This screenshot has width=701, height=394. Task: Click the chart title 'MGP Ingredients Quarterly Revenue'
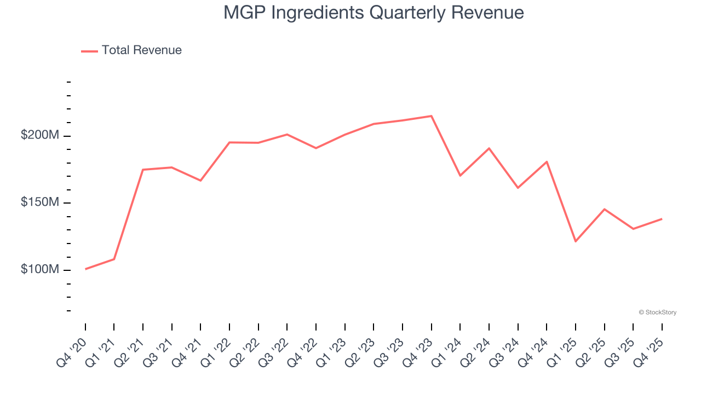[374, 12]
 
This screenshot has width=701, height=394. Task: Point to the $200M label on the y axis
[39, 135]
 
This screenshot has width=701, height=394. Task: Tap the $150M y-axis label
[39, 202]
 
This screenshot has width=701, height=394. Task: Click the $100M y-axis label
[39, 270]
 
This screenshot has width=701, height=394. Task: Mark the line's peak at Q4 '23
[432, 116]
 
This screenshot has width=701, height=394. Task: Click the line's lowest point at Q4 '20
[85, 269]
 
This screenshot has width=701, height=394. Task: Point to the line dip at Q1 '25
[576, 241]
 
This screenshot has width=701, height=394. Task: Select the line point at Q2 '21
[143, 170]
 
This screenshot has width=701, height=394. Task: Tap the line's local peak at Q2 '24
[489, 148]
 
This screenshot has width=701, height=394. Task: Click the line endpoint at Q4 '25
[662, 219]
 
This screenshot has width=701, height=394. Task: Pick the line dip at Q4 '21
[200, 181]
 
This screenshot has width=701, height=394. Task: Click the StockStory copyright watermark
[658, 312]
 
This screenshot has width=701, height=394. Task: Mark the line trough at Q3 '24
[518, 188]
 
